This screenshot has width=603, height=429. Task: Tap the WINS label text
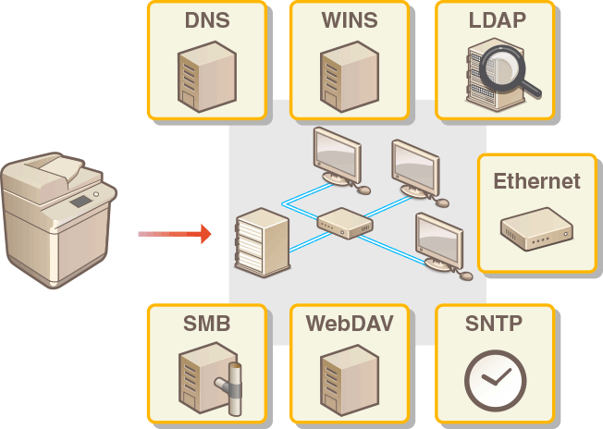point(350,19)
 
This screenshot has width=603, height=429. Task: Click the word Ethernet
point(536,180)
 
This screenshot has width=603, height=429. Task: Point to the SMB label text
point(205,324)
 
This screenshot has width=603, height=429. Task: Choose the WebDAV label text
point(350,324)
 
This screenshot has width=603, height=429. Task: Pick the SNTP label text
point(494,324)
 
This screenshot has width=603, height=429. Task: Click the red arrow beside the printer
point(176,234)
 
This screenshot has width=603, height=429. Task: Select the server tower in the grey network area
point(263,242)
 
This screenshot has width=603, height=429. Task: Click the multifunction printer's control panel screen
point(80,201)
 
